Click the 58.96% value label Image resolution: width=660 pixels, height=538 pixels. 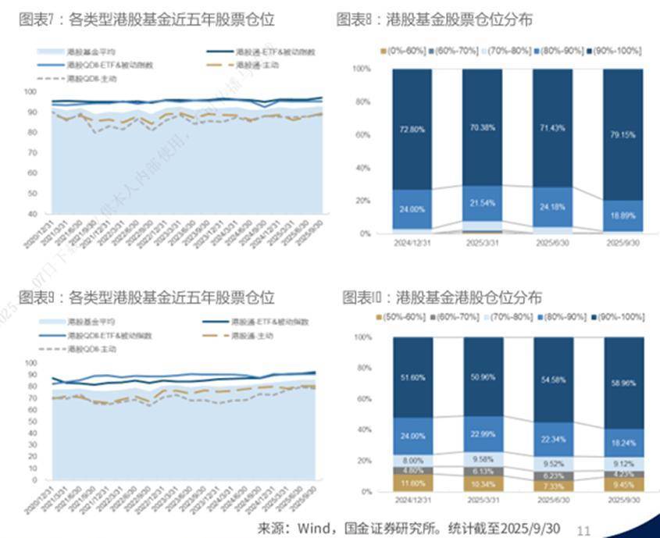click(x=623, y=385)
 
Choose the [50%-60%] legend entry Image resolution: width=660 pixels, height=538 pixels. click(x=406, y=316)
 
